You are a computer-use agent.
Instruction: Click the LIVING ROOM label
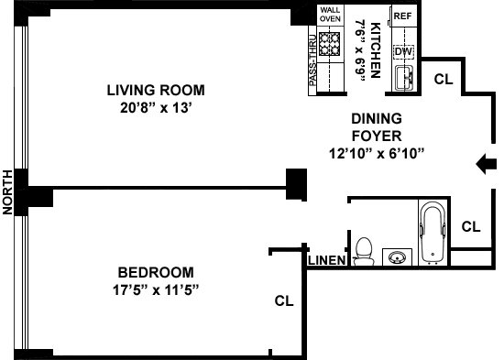(x=156, y=91)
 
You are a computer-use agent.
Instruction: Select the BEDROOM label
(x=156, y=273)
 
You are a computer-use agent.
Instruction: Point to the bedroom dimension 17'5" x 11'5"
(x=156, y=290)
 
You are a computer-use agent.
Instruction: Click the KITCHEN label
(x=376, y=50)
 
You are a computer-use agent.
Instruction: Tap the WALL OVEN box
(x=330, y=15)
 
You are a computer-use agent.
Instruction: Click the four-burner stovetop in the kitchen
(x=330, y=44)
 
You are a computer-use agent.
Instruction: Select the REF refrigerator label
(x=403, y=16)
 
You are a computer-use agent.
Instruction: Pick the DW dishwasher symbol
(x=403, y=51)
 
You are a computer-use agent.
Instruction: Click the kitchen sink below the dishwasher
(x=404, y=78)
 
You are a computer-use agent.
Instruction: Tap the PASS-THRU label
(x=312, y=60)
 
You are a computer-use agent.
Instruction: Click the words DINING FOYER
(x=377, y=127)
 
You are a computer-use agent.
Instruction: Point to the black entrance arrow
(x=486, y=164)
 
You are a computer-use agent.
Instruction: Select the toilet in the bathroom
(x=364, y=252)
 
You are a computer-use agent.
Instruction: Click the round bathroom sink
(x=398, y=257)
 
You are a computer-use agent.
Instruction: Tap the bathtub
(x=433, y=232)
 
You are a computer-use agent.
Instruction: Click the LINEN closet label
(x=327, y=260)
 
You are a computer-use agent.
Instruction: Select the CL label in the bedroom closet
(x=284, y=300)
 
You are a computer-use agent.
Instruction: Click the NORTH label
(x=7, y=192)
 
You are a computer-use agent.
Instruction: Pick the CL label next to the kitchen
(x=444, y=79)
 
